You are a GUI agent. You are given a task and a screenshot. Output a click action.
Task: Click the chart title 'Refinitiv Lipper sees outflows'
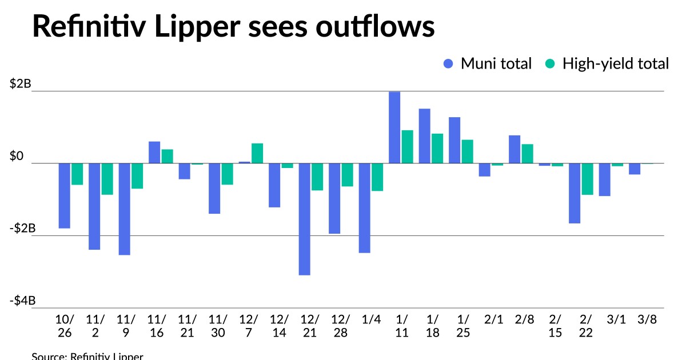point(233,27)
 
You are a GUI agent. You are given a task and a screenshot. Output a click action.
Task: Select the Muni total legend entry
point(488,63)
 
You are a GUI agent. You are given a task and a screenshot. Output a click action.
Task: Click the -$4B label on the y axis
point(22,301)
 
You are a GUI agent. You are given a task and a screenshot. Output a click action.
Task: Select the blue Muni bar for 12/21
point(304,219)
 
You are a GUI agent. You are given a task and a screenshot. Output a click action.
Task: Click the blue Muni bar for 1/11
point(394,127)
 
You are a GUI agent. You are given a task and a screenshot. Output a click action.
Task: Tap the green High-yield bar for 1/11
point(407,147)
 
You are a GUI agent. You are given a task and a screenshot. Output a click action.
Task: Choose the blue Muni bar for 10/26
point(64,195)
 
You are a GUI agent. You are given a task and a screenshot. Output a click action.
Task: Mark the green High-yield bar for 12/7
point(257,153)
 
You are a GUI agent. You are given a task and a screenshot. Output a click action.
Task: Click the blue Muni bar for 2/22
point(575,193)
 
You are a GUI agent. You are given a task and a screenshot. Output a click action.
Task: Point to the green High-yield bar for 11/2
point(107,179)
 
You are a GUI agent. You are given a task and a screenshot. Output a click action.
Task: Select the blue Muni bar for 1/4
point(364,208)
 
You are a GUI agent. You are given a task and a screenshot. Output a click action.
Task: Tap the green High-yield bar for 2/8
point(527,154)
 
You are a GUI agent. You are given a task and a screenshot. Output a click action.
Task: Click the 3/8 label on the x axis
point(646,320)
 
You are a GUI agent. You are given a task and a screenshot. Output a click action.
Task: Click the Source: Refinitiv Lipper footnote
point(87,356)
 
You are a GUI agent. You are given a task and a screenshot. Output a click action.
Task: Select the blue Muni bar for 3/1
point(604,179)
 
